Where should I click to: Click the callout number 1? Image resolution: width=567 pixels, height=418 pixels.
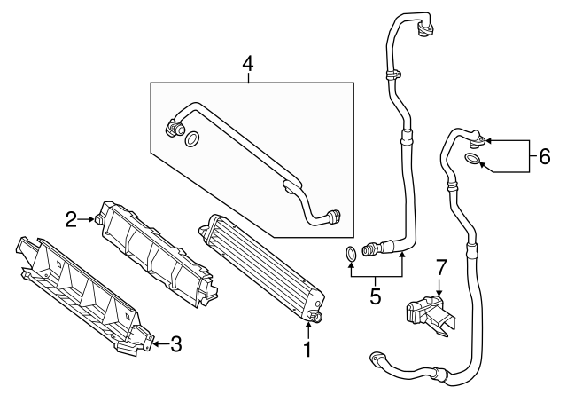click(x=307, y=351)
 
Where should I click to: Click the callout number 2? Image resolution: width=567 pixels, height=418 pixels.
click(x=70, y=217)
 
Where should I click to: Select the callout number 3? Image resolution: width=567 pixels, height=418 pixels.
click(x=175, y=343)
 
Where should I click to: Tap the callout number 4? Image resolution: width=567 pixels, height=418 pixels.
click(x=248, y=64)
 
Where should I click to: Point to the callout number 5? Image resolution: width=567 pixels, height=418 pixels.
click(x=375, y=296)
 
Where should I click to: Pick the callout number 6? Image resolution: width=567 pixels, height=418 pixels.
click(x=545, y=158)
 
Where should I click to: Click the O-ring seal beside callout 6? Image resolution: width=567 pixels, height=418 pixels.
click(x=474, y=160)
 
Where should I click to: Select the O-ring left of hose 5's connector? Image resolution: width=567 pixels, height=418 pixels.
click(x=352, y=256)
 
